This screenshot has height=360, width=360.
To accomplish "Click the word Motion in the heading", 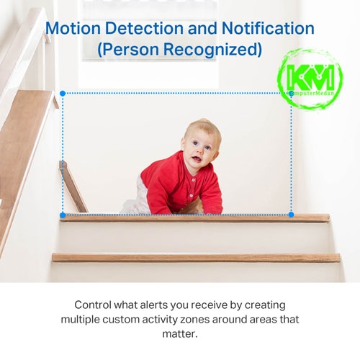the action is [73, 28].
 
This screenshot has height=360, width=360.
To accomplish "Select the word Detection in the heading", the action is [144, 28].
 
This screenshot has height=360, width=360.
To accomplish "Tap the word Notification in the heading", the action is [268, 28].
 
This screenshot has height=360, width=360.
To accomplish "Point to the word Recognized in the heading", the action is [212, 50].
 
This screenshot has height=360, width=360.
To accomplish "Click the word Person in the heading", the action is [128, 49].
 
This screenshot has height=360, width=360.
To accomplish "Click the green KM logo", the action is [310, 78].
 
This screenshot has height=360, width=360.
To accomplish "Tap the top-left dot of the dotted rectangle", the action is [63, 94].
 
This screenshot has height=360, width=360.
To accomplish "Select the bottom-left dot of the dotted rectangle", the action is [63, 215].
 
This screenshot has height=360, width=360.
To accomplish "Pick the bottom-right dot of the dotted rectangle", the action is [291, 215].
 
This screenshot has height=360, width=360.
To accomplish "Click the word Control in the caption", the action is [93, 305].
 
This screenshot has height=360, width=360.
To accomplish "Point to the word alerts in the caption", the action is [153, 305].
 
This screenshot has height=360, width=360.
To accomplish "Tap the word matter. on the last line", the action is [180, 334].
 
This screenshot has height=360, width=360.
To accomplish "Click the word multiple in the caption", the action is [80, 320].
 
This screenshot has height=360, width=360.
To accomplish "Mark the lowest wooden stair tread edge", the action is [196, 258].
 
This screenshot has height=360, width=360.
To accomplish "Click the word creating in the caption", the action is [265, 305].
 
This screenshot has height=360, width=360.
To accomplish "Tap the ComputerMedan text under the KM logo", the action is [312, 93].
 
